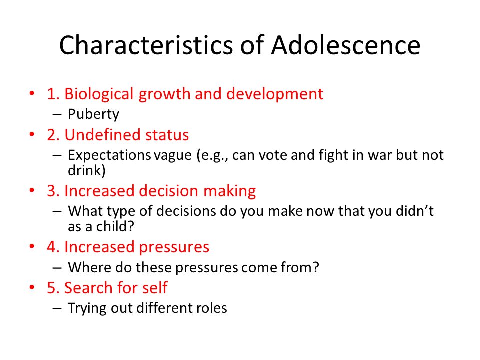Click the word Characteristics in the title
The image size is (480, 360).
[146, 45]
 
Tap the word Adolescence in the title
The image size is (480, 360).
[346, 45]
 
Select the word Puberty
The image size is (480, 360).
[93, 115]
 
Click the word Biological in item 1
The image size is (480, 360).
[99, 94]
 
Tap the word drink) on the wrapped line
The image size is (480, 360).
[87, 170]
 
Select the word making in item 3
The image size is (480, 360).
[230, 191]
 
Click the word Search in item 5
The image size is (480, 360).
[88, 288]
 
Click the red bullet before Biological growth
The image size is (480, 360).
[32, 93]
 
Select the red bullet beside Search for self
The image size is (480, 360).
[32, 287]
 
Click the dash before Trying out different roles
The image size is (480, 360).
[57, 308]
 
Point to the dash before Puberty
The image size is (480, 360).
[57, 115]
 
